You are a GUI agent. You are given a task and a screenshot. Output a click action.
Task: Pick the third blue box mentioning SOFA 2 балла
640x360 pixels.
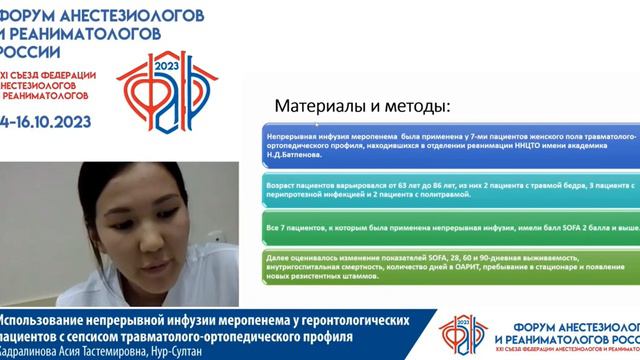(x=439, y=228)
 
